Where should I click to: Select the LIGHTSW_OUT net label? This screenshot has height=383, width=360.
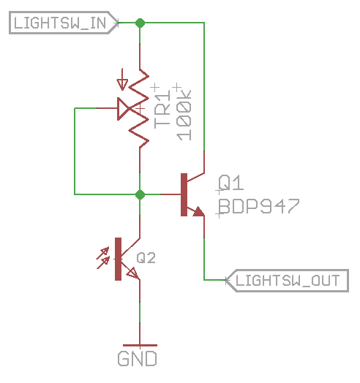[287, 281]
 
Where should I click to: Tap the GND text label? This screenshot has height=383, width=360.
[137, 359]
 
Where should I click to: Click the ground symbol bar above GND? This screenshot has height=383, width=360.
[140, 346]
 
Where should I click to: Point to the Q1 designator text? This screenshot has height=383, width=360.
[231, 183]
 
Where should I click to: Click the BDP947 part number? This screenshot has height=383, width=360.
[259, 206]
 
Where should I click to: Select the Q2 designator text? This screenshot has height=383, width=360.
[146, 258]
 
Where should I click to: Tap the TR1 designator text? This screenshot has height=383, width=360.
[162, 109]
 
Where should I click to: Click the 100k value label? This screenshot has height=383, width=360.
[184, 115]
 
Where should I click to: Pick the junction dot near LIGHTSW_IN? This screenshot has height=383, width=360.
[140, 23]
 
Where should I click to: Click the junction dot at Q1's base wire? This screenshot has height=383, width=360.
[140, 194]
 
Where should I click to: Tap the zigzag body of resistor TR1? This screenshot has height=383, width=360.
[139, 108]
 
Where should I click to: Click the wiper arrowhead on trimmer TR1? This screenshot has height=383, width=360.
[123, 109]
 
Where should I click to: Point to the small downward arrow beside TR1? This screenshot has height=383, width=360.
[122, 80]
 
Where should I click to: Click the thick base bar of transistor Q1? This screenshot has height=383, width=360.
[184, 194]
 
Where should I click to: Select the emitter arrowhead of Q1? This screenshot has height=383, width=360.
[199, 211]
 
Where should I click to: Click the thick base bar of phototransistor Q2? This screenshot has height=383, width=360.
[118, 259]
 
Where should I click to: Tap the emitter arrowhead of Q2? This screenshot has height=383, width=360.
[133, 273]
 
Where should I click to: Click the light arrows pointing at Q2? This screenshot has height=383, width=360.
[103, 258]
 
